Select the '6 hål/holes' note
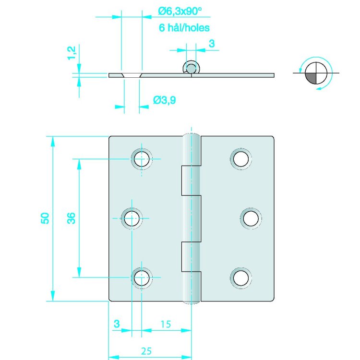[x=184, y=28]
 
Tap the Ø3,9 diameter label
[x=165, y=100]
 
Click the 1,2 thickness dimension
[x=72, y=53]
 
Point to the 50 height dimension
[x=44, y=218]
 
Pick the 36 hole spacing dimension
[x=71, y=218]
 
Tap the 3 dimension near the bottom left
[x=116, y=324]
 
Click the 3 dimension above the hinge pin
[x=211, y=44]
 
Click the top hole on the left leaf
[x=142, y=158]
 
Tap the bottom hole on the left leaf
[x=142, y=277]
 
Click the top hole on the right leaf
[x=241, y=158]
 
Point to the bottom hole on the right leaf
[x=241, y=277]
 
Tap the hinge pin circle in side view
[x=191, y=68]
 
